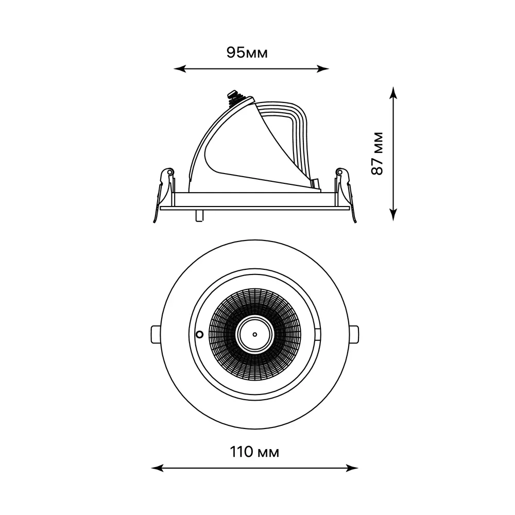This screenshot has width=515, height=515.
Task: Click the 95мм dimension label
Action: (247, 53)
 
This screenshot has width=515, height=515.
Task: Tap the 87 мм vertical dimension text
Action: (377, 153)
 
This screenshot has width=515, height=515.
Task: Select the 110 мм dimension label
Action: (254, 452)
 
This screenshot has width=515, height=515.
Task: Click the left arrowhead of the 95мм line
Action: (180, 68)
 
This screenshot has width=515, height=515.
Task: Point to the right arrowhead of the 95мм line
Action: (322, 68)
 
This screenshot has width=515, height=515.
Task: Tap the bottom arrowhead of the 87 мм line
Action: (393, 214)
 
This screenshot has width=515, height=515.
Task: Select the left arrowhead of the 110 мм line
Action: (157, 468)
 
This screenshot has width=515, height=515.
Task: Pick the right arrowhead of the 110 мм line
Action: (352, 468)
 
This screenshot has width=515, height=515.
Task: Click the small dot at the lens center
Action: (254, 334)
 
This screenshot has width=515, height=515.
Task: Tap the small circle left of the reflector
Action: (199, 334)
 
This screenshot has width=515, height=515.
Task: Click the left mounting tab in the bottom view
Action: (156, 334)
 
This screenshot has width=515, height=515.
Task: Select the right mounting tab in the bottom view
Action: (354, 334)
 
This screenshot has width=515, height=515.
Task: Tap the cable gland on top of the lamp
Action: (236, 97)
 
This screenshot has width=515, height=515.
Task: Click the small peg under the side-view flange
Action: (199, 215)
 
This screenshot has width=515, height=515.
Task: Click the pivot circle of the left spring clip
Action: (170, 172)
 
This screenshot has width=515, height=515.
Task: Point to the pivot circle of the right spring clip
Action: (339, 172)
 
